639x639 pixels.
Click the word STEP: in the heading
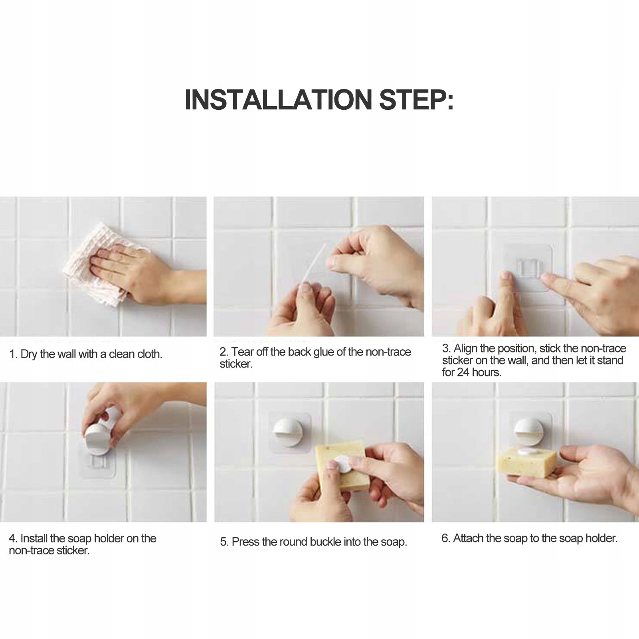(x=416, y=100)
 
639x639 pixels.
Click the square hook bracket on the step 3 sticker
(x=529, y=267)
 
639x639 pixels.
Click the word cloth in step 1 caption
(x=149, y=354)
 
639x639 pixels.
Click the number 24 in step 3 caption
(x=463, y=372)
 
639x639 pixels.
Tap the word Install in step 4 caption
(x=34, y=538)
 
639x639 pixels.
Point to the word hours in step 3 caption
(x=487, y=372)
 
